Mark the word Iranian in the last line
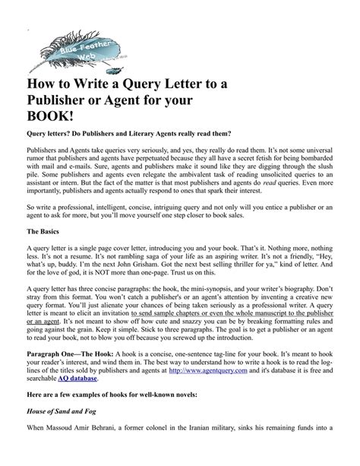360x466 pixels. click(224, 454)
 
